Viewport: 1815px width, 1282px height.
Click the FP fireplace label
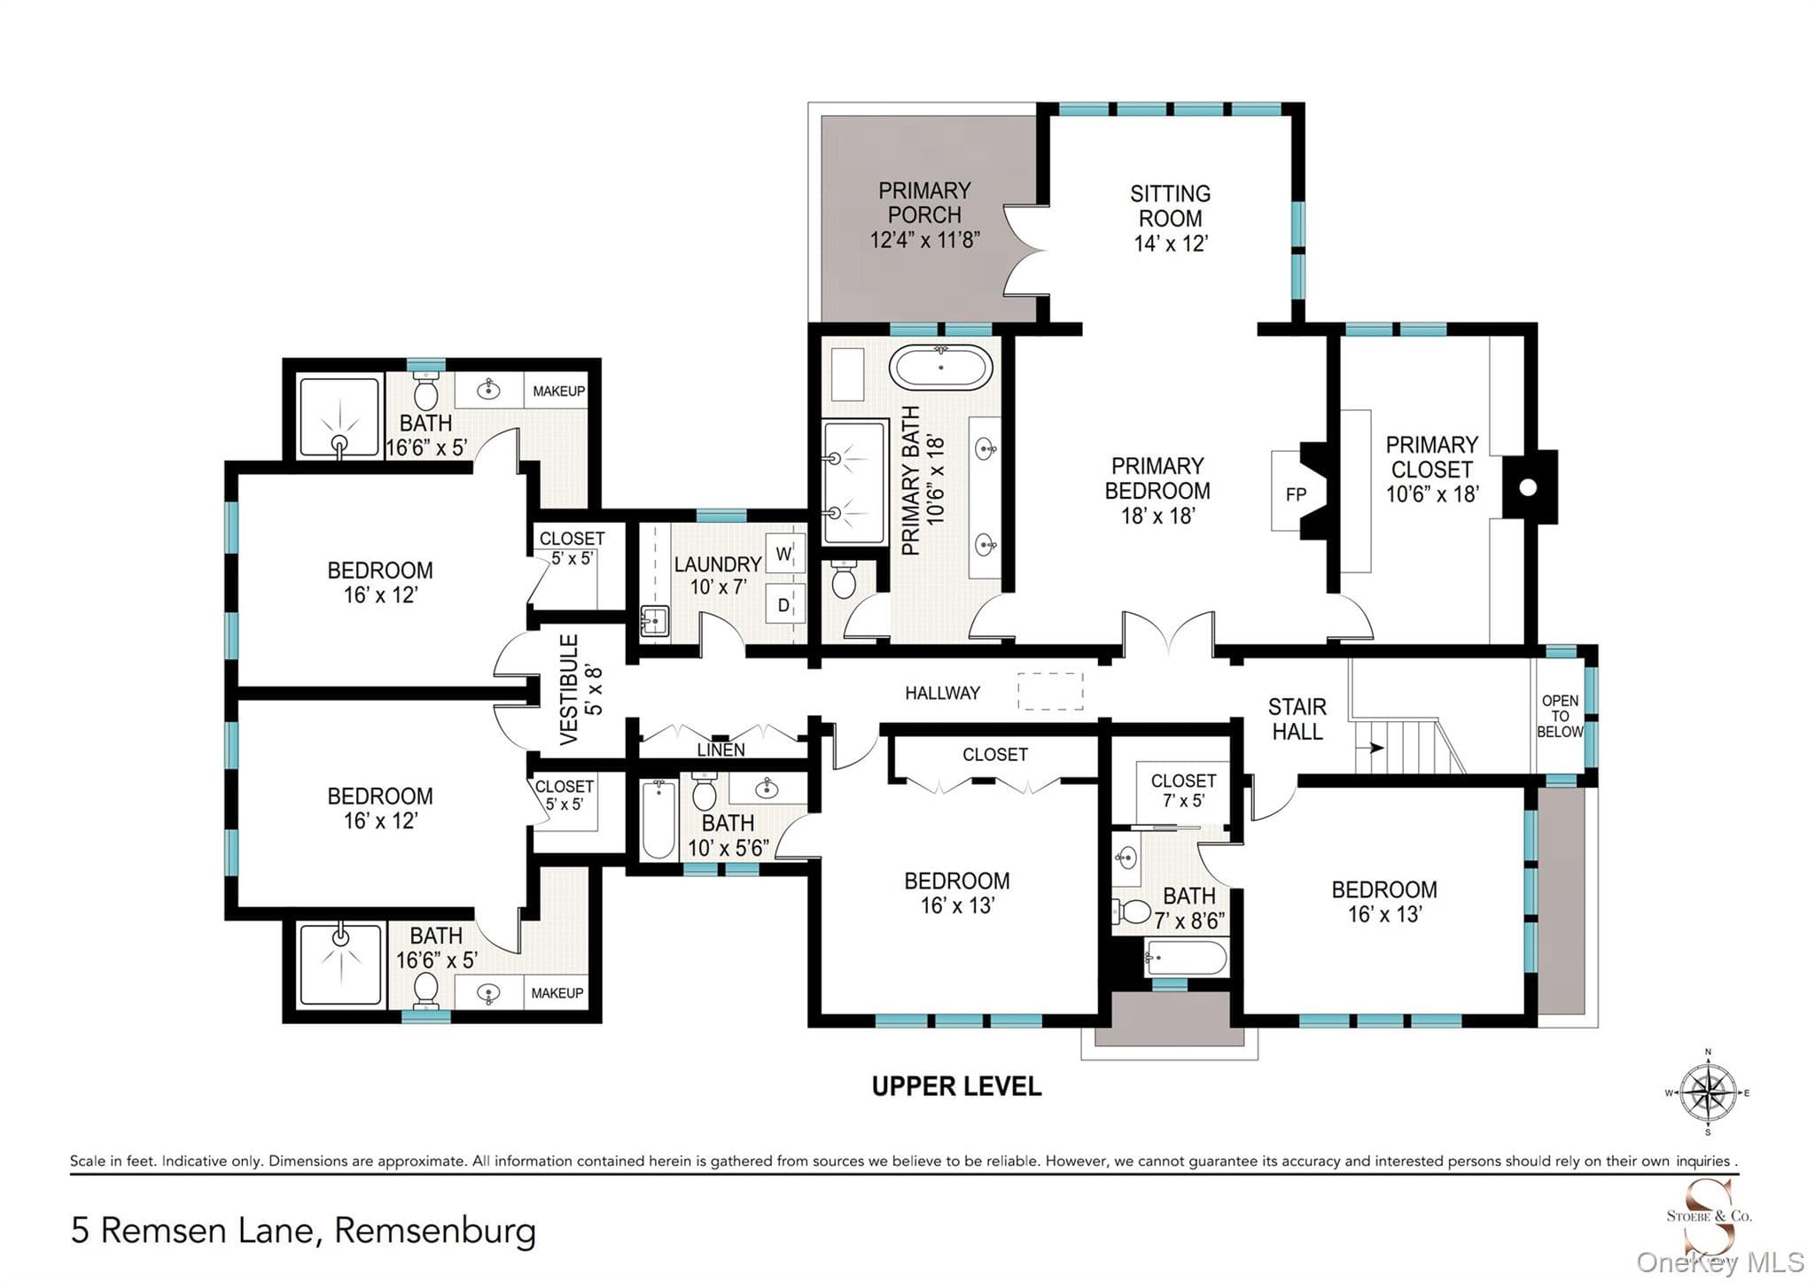[x=1296, y=494]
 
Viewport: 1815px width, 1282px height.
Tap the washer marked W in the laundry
[x=784, y=554]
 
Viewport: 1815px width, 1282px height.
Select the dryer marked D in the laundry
[x=784, y=605]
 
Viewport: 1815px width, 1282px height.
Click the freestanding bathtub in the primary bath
[x=940, y=367]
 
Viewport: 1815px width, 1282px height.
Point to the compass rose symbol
[x=1708, y=1092]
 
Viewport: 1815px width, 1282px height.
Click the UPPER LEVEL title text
[x=956, y=1086]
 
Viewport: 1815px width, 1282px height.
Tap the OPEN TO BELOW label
[x=1560, y=716]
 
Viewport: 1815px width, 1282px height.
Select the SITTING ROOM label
[x=1170, y=206]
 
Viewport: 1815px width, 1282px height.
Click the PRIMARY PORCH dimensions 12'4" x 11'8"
[x=924, y=239]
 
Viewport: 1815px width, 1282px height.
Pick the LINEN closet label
[x=721, y=750]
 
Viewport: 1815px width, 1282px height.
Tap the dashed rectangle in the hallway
[x=1050, y=691]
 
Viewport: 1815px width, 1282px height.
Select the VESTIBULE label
[x=569, y=689]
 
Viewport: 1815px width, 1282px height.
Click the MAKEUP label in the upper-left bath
[x=558, y=391]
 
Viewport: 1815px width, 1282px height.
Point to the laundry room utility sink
[x=655, y=621]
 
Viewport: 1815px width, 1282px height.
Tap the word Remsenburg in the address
[x=435, y=1231]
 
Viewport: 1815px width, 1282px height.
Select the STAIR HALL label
[x=1297, y=719]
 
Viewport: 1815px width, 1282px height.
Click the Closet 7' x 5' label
[x=1183, y=790]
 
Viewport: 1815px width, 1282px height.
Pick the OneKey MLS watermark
[x=1720, y=1262]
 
